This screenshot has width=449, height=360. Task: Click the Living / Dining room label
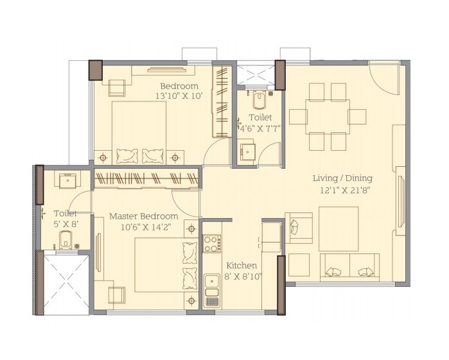(x=342, y=178)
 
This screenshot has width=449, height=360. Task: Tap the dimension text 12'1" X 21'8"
(x=342, y=189)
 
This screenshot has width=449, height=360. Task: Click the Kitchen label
(x=242, y=266)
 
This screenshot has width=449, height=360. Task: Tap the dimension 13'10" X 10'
(x=179, y=96)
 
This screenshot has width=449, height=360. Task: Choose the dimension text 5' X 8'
(x=65, y=225)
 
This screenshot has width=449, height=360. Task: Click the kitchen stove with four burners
(x=211, y=243)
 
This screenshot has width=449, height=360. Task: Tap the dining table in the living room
(x=327, y=116)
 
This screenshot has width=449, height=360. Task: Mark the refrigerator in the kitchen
(x=270, y=236)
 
